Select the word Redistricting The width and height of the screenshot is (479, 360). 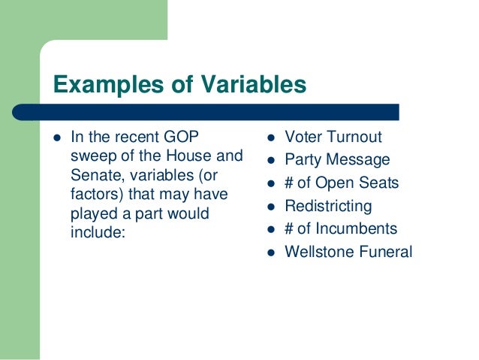tap(328, 206)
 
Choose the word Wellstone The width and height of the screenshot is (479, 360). tap(317, 252)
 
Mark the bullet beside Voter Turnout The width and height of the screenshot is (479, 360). tap(270, 138)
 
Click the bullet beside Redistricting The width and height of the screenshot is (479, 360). tap(270, 207)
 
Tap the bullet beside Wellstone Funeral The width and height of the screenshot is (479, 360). tap(270, 253)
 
